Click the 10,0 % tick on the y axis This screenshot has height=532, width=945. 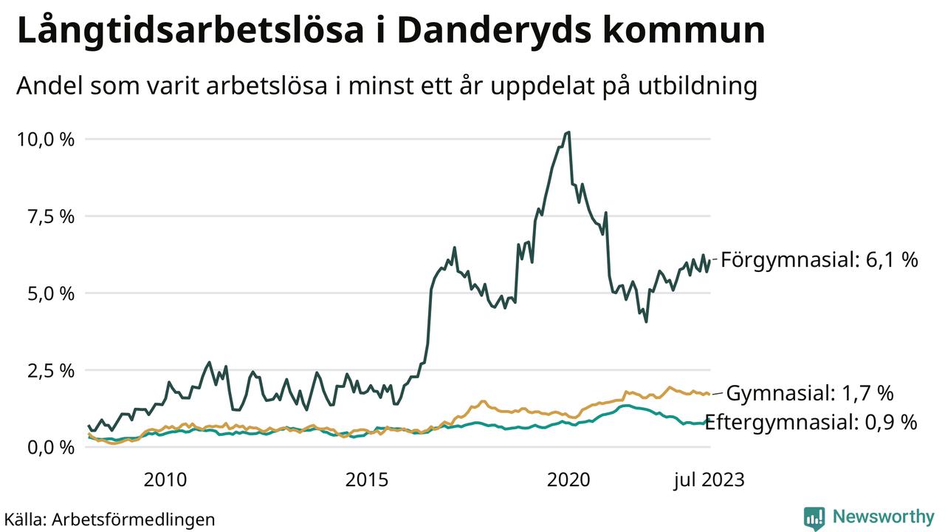point(45,139)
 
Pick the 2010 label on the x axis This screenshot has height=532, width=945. point(165,480)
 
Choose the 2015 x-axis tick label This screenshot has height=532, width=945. point(367,480)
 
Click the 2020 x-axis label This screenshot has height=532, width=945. point(568,480)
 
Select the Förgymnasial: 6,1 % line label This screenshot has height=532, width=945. point(819,260)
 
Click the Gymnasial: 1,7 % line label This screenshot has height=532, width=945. point(810,392)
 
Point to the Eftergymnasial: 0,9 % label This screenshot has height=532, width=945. point(811,423)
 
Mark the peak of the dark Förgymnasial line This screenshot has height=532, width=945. point(567,132)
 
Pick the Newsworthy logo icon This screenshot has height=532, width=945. point(814,518)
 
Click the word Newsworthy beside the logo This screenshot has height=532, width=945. point(883,516)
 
